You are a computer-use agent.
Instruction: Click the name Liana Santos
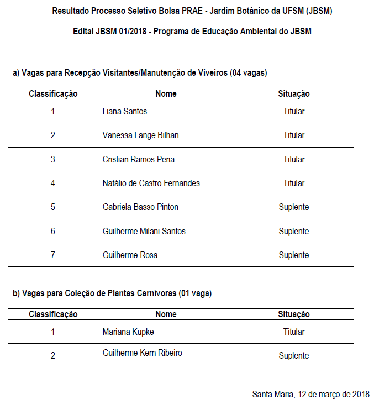[x=124, y=111]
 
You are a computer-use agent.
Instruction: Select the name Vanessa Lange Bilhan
[x=140, y=135]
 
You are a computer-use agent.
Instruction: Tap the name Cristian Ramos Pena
[x=138, y=159]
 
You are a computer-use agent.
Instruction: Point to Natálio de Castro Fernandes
[x=151, y=183]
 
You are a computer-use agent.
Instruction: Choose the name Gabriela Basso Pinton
[x=140, y=207]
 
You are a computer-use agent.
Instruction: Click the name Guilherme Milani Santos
[x=144, y=231]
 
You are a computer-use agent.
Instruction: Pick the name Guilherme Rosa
[x=130, y=255]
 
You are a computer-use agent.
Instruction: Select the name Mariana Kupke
[x=128, y=332]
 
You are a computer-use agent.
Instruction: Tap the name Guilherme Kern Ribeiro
[x=142, y=353]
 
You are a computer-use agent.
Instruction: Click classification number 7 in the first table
[x=53, y=255]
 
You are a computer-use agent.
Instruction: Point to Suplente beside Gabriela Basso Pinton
[x=293, y=207]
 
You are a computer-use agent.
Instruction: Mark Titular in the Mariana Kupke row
[x=293, y=332]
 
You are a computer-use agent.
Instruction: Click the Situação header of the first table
[x=293, y=94]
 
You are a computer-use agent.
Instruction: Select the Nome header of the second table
[x=166, y=314]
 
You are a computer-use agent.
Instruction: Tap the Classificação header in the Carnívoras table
[x=53, y=314]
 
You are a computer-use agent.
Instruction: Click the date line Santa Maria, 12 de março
[x=312, y=395]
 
